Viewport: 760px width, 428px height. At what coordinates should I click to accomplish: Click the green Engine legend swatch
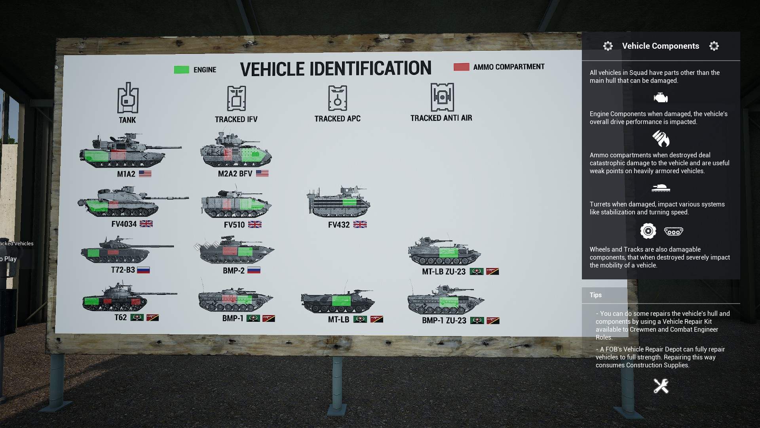pyautogui.click(x=181, y=70)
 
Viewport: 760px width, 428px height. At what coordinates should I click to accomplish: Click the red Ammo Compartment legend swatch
pyautogui.click(x=461, y=67)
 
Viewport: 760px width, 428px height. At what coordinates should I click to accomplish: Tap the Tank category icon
pyautogui.click(x=127, y=98)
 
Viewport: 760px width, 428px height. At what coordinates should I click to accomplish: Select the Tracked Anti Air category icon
pyautogui.click(x=442, y=97)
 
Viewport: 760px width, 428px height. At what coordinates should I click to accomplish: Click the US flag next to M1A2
pyautogui.click(x=145, y=174)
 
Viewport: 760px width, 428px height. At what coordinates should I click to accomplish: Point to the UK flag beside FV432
pyautogui.click(x=360, y=225)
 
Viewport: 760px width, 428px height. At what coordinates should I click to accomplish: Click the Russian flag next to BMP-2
pyautogui.click(x=254, y=271)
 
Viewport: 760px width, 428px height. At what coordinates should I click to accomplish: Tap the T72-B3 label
pyautogui.click(x=123, y=270)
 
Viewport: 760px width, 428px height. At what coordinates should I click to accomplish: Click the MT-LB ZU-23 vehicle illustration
pyautogui.click(x=444, y=251)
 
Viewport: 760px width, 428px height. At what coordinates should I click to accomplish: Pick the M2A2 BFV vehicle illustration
pyautogui.click(x=236, y=151)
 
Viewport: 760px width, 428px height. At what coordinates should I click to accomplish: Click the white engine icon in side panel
pyautogui.click(x=661, y=97)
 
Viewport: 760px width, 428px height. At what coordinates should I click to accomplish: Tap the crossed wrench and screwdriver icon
pyautogui.click(x=661, y=386)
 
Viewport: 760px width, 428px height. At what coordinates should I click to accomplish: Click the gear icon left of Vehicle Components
pyautogui.click(x=608, y=46)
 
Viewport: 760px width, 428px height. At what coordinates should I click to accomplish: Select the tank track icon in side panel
pyautogui.click(x=673, y=231)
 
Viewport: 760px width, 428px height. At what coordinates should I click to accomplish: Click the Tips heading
pyautogui.click(x=595, y=295)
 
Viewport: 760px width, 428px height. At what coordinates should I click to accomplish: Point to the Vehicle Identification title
pyautogui.click(x=335, y=69)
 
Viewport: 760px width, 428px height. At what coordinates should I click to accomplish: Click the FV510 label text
pyautogui.click(x=234, y=225)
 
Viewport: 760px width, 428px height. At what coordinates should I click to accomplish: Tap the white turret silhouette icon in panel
pyautogui.click(x=661, y=188)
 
